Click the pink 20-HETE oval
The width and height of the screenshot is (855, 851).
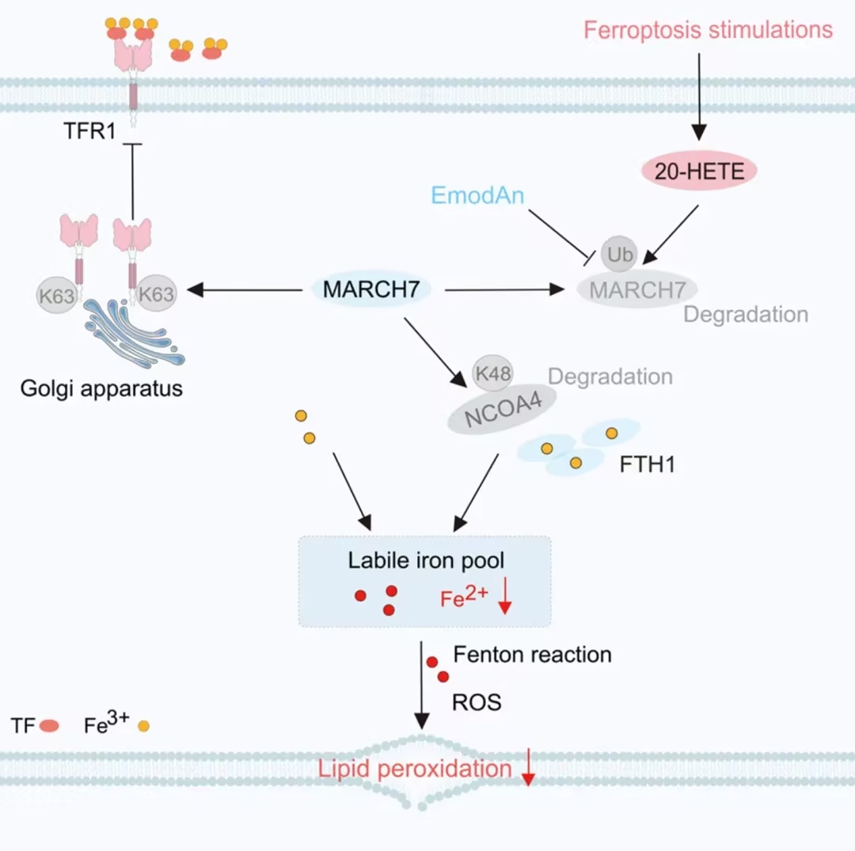(699, 171)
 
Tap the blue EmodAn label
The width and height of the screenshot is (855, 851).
(477, 195)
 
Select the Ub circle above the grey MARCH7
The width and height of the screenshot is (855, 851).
(619, 254)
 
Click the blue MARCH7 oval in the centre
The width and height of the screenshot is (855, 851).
(371, 289)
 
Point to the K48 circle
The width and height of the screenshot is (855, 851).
(493, 373)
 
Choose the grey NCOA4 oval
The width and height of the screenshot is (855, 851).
(502, 410)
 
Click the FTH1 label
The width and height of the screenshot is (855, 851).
(648, 464)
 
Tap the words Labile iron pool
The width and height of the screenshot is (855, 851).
(426, 561)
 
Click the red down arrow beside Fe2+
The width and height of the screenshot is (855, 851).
(505, 596)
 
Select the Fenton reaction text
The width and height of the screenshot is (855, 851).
(532, 654)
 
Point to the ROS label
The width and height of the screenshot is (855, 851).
(477, 702)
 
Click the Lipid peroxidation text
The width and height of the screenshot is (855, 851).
(414, 769)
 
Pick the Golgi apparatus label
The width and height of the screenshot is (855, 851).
(101, 389)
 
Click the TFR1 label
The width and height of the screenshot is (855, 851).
(89, 130)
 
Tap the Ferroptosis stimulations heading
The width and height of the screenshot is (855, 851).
(709, 29)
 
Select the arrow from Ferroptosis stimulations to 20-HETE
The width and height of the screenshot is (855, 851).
(699, 96)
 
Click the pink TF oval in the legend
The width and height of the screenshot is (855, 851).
(49, 726)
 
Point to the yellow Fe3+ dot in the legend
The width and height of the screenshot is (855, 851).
(144, 726)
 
